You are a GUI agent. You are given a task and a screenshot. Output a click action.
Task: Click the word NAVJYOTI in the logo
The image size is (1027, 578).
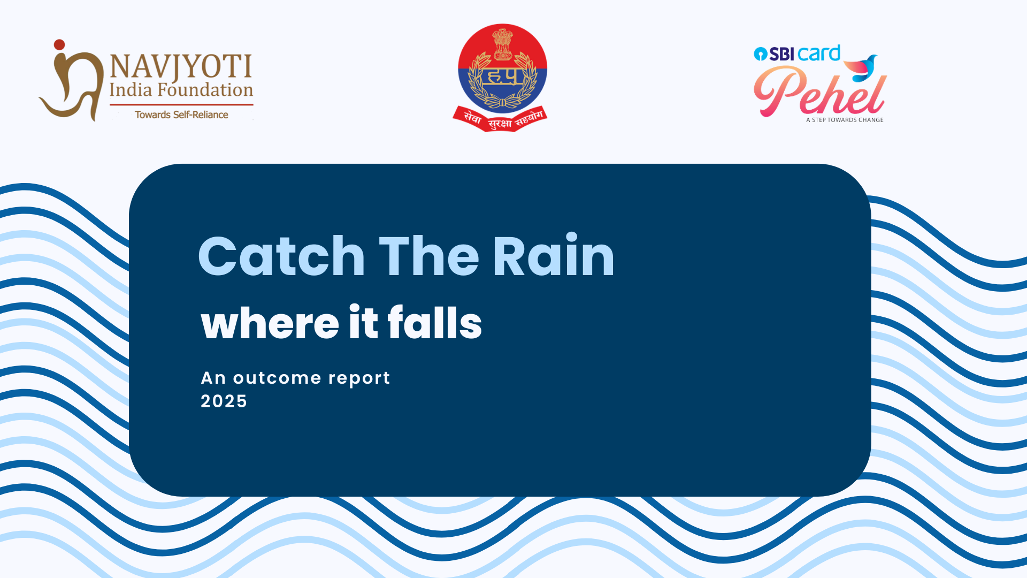pos(181,66)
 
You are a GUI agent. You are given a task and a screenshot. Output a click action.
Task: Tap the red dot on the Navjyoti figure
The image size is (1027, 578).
pos(59,44)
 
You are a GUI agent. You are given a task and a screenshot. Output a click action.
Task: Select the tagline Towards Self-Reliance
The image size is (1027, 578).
pos(181,115)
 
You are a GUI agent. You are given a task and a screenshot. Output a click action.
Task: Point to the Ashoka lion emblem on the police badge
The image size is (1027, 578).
pos(502,44)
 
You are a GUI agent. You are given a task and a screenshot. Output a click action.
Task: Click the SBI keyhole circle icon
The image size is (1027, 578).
pos(760,54)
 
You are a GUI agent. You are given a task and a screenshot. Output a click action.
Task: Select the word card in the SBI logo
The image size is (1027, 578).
pos(818,53)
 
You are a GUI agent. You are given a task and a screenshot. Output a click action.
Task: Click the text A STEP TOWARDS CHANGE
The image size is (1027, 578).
pos(845,120)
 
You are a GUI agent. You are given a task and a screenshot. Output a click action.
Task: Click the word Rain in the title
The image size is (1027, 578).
pos(554,255)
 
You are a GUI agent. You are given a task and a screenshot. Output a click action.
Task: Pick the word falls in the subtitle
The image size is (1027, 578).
pos(435,322)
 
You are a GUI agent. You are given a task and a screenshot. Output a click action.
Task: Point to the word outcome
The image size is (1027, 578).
pos(277,378)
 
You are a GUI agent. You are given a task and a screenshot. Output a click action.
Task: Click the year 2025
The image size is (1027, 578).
pos(224,401)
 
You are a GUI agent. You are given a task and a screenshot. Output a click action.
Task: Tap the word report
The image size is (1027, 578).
pos(359,379)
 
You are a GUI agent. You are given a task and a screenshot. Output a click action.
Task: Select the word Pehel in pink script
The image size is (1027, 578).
pos(819,91)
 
